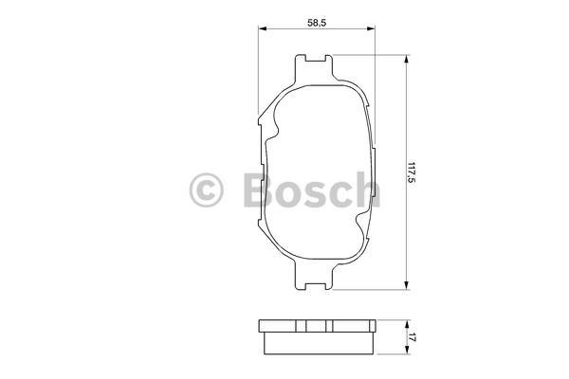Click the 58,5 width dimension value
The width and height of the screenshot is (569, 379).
pyautogui.click(x=317, y=23)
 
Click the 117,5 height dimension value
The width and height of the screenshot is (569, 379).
pyautogui.click(x=411, y=172)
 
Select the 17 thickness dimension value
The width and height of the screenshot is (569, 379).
pyautogui.click(x=411, y=337)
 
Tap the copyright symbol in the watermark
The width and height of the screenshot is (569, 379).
pyautogui.click(x=206, y=189)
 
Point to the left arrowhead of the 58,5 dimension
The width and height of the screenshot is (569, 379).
pyautogui.click(x=262, y=28)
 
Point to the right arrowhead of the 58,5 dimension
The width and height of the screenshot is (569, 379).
pyautogui.click(x=371, y=28)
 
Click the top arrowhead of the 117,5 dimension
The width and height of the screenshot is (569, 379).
pyautogui.click(x=407, y=59)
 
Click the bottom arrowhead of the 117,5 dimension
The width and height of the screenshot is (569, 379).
pyautogui.click(x=407, y=285)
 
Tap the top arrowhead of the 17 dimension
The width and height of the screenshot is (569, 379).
pyautogui.click(x=407, y=324)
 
